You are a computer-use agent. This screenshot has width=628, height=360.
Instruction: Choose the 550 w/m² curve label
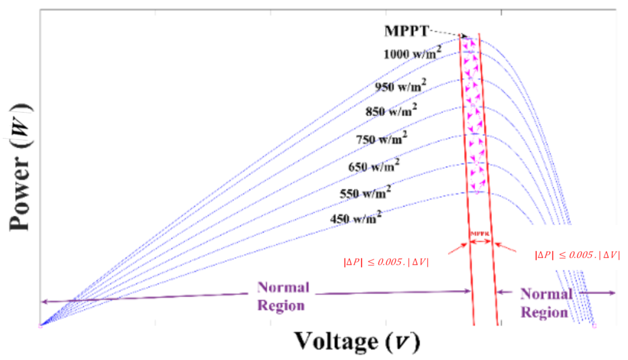pyautogui.click(x=365, y=193)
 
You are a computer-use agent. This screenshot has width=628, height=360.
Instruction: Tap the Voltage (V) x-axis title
pyautogui.click(x=357, y=342)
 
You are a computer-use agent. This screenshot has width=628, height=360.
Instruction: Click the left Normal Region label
pyautogui.click(x=282, y=296)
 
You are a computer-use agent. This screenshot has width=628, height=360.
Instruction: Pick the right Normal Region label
pyautogui.click(x=546, y=303)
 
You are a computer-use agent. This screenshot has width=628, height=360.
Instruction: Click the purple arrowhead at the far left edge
pyautogui.click(x=42, y=302)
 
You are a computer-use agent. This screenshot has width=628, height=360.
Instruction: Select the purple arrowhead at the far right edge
pyautogui.click(x=613, y=293)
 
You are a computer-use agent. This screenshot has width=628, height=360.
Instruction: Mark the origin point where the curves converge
pyautogui.click(x=40, y=326)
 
